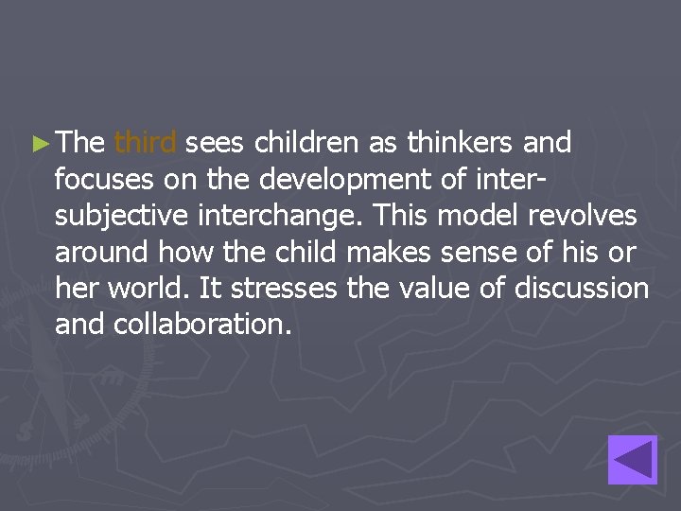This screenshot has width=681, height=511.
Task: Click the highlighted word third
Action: [x=145, y=143]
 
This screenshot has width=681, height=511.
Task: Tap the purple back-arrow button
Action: [x=632, y=460]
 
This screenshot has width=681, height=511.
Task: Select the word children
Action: [x=303, y=143]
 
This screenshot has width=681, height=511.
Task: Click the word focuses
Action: [x=102, y=179]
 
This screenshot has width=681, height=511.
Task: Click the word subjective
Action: [x=115, y=216]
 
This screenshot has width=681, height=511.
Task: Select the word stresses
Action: [x=288, y=288]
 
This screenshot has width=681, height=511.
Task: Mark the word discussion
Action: [x=581, y=288]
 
